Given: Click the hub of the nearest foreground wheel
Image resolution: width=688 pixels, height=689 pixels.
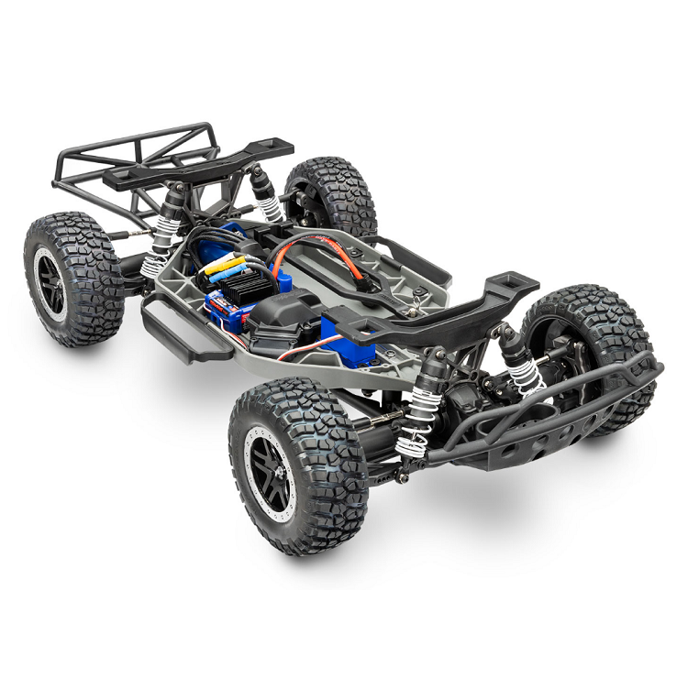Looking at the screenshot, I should pyautogui.click(x=272, y=468).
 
